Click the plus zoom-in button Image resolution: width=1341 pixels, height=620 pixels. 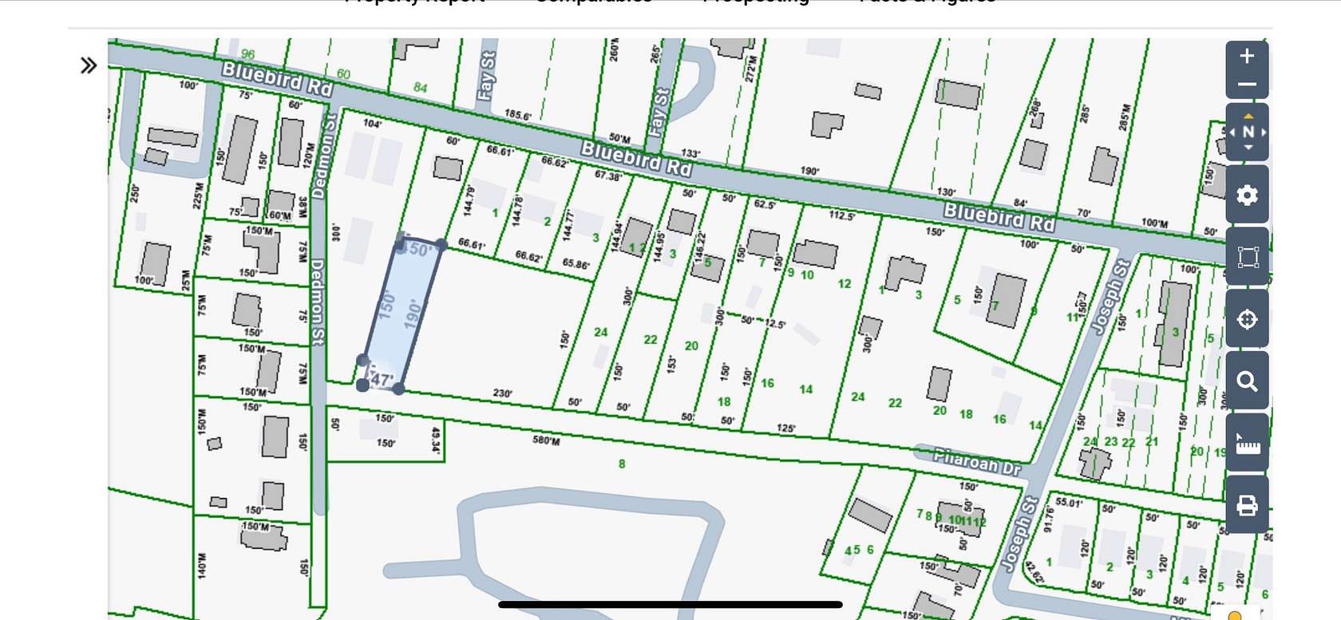coord(1247,57)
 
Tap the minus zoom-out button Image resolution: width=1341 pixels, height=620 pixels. coord(1247,85)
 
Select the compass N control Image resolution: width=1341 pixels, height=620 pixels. coord(1248,132)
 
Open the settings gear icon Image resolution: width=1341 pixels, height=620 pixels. coord(1247,195)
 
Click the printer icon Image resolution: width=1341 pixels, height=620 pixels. coord(1247,505)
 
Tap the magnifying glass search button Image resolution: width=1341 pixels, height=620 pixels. coord(1247,381)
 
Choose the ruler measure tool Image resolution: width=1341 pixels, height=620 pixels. coord(1247,444)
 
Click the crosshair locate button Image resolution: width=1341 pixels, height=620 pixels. coord(1247,319)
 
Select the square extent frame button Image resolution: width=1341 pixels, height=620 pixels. coord(1247,257)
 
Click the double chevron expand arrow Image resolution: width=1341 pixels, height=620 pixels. coord(89,65)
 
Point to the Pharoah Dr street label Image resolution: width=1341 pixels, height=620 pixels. coord(977,461)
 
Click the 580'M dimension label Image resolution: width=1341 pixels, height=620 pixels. coord(546,440)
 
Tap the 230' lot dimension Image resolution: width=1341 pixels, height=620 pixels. coord(502,393)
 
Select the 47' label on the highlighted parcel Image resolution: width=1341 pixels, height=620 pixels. coord(382,380)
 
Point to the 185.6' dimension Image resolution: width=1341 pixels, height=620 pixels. coord(518,115)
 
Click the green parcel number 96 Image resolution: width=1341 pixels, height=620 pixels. coord(248,54)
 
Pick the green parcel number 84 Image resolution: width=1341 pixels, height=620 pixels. coord(421,87)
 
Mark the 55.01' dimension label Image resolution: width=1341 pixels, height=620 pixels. coord(1068,503)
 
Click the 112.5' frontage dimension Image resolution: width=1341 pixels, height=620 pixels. coord(841,215)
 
